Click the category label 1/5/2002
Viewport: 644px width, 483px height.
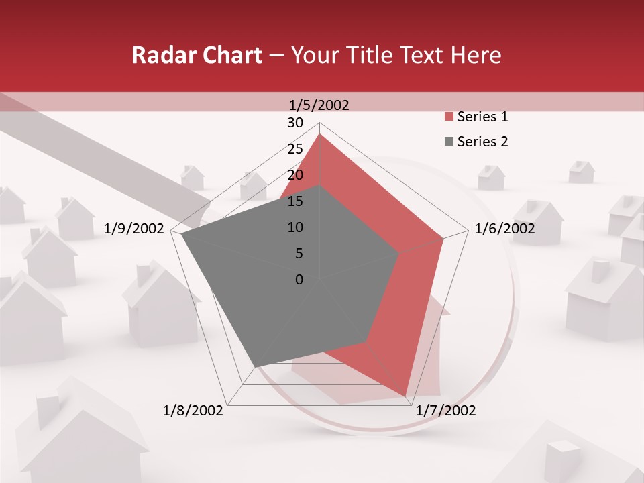pos(319,105)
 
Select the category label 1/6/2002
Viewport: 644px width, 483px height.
pos(504,229)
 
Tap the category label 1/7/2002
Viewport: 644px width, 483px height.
pos(445,411)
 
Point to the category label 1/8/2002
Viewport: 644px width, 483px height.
pos(193,411)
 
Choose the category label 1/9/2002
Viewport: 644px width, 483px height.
pos(134,229)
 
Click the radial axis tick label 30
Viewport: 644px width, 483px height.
pos(295,123)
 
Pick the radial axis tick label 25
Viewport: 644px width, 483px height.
pos(295,149)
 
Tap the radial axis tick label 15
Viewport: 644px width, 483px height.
pos(295,201)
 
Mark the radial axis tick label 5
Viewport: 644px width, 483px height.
pos(299,254)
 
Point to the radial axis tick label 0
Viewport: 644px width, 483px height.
pos(299,280)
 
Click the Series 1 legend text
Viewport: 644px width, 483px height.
pos(482,117)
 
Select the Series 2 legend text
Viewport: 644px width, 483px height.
pos(482,142)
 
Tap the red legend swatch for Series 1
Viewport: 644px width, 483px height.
pos(449,117)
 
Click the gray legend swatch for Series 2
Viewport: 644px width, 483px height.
pos(449,142)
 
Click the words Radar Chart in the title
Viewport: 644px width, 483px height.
pos(197,56)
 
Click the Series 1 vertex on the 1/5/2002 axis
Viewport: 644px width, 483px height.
pos(320,133)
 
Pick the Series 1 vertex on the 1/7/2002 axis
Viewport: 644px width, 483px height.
pos(406,396)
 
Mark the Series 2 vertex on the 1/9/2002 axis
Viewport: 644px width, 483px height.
pos(181,234)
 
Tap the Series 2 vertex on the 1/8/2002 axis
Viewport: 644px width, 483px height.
pos(256,367)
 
